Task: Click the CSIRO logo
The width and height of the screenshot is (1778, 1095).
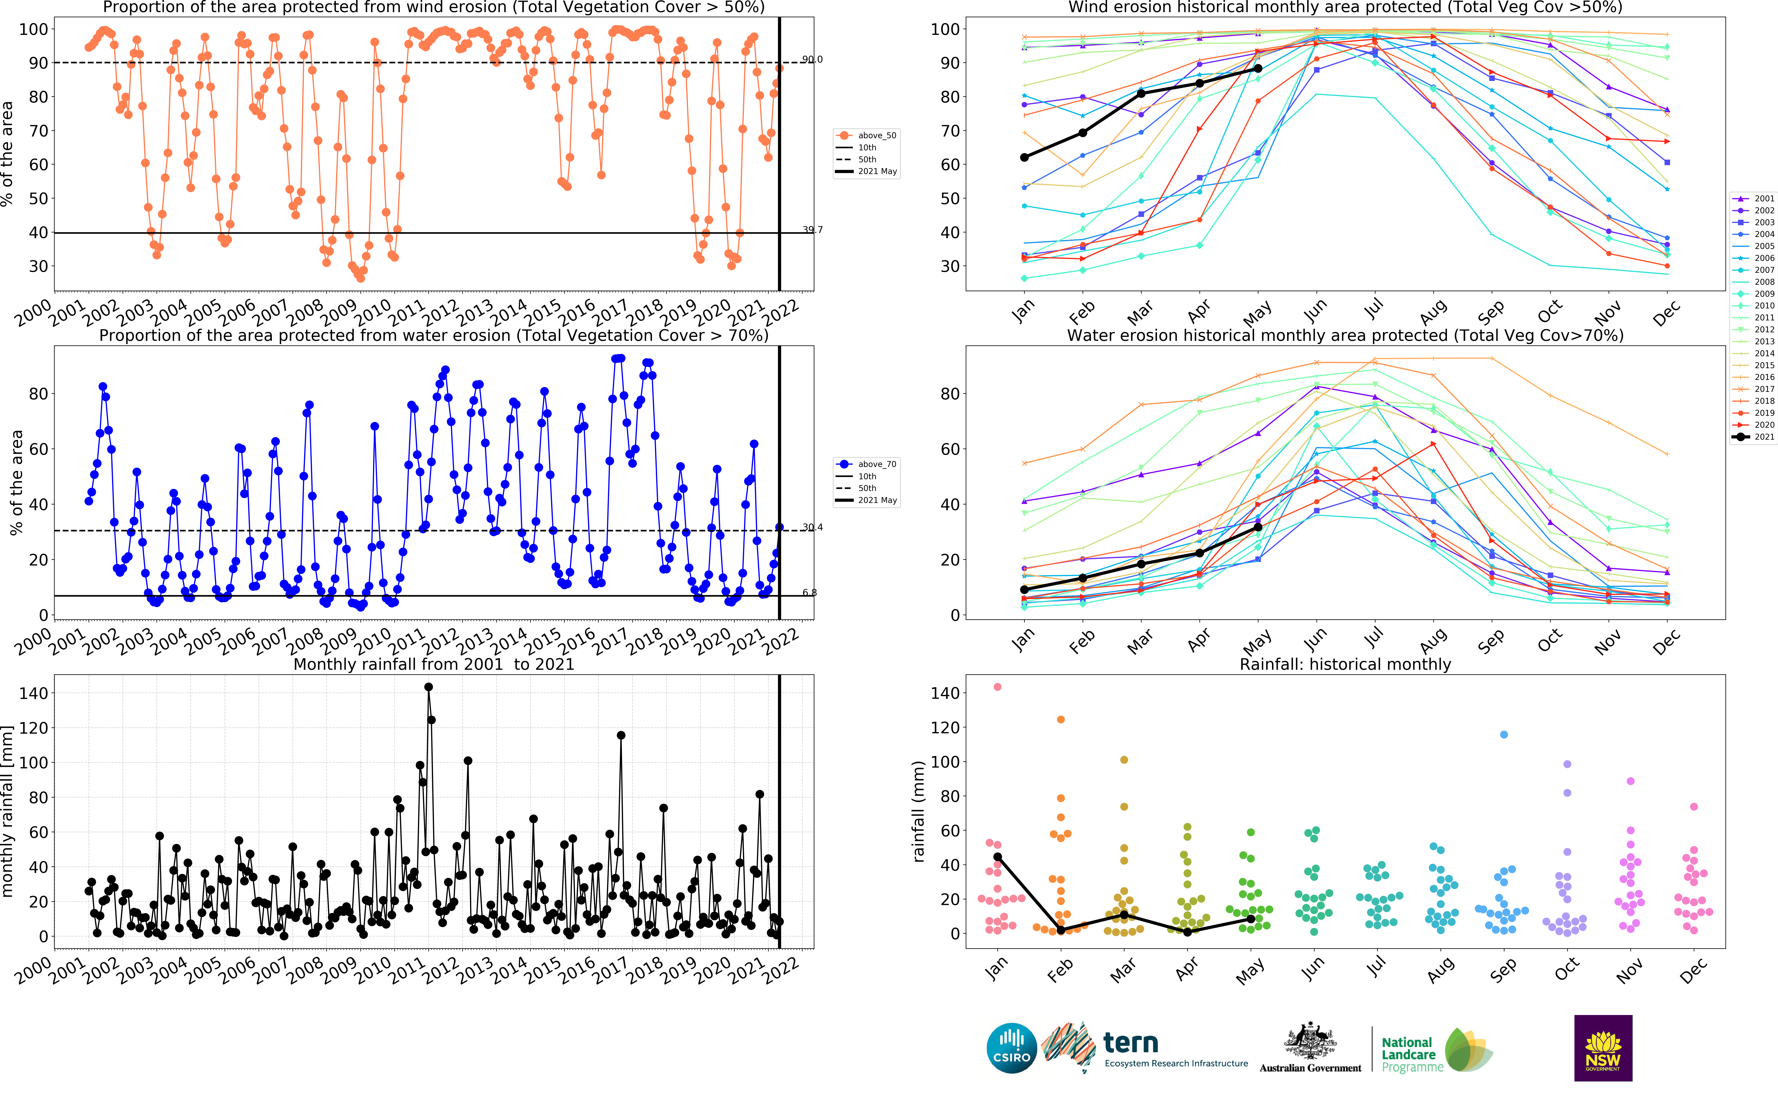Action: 1011,1048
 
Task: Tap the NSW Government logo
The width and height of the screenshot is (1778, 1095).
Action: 1603,1047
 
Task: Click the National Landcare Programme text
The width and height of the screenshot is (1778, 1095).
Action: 1407,1054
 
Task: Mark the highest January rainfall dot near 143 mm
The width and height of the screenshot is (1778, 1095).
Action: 998,686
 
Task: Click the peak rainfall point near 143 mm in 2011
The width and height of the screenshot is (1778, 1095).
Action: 428,686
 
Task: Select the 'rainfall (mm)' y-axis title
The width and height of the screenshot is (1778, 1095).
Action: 919,811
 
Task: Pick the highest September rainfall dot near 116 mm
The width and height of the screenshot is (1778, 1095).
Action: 1504,734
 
